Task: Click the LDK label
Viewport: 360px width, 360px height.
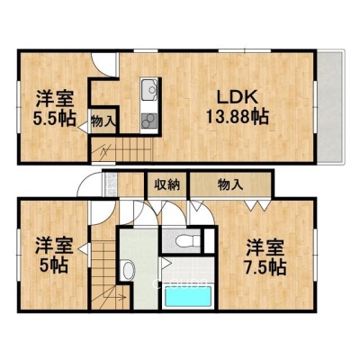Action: pyautogui.click(x=237, y=97)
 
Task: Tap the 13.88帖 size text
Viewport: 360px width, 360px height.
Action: pyautogui.click(x=237, y=116)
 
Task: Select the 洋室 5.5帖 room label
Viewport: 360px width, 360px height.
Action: pyautogui.click(x=54, y=109)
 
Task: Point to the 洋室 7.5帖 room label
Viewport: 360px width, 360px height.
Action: pyautogui.click(x=265, y=257)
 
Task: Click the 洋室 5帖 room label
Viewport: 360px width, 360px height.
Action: pyautogui.click(x=54, y=255)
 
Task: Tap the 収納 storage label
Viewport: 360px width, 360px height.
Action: pyautogui.click(x=167, y=184)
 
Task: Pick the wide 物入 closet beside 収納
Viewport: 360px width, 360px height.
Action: pyautogui.click(x=230, y=184)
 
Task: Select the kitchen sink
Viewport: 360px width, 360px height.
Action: pyautogui.click(x=148, y=89)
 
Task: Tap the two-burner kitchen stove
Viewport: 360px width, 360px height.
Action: pyautogui.click(x=148, y=121)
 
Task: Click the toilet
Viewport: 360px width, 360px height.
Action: pyautogui.click(x=187, y=240)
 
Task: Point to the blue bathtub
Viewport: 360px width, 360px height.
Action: pyautogui.click(x=188, y=296)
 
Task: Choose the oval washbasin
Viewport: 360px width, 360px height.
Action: pyautogui.click(x=128, y=269)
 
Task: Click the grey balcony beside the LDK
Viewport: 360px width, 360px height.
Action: pyautogui.click(x=330, y=107)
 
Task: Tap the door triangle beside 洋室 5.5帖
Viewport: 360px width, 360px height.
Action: pyautogui.click(x=84, y=127)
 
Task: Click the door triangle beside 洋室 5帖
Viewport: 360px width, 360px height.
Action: pyautogui.click(x=85, y=248)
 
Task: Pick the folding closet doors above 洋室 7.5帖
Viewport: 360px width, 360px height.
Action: pyautogui.click(x=256, y=205)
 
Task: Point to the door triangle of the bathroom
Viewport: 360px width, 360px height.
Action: pyautogui.click(x=166, y=264)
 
